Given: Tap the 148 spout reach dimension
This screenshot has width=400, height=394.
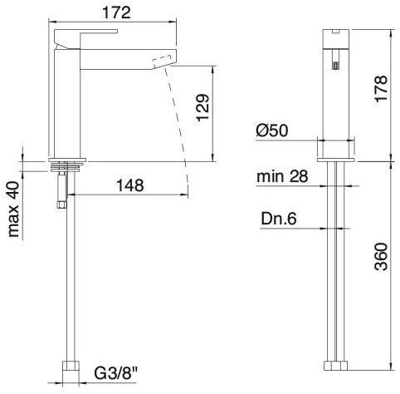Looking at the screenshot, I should pos(128,185).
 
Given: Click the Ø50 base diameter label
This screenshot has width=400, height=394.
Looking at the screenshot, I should pos(273,131).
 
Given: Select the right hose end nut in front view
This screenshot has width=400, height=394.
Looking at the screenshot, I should pos(344,367).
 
